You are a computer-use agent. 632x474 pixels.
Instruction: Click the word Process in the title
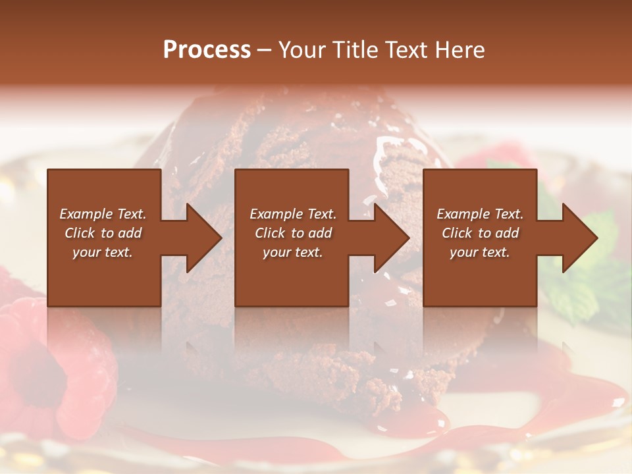pyautogui.click(x=207, y=50)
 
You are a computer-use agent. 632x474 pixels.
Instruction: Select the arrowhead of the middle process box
pyautogui.click(x=390, y=238)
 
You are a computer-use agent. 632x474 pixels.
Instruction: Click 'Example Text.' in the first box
pyautogui.click(x=103, y=214)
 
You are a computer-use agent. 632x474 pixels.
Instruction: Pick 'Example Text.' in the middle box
pyautogui.click(x=292, y=214)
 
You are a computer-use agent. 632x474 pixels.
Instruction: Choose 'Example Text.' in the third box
pyautogui.click(x=480, y=214)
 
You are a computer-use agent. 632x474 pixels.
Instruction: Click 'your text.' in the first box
pyautogui.click(x=103, y=252)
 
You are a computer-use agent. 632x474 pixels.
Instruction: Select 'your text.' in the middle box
pyautogui.click(x=292, y=252)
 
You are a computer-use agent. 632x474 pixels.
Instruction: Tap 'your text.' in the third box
pyautogui.click(x=480, y=252)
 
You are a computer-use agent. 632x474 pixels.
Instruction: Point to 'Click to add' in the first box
pyautogui.click(x=103, y=233)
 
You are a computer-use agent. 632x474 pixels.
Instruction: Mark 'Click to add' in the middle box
pyautogui.click(x=292, y=233)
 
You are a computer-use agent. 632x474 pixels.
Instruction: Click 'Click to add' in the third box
pyautogui.click(x=480, y=233)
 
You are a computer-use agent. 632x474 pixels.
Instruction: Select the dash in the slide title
pyautogui.click(x=264, y=50)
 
